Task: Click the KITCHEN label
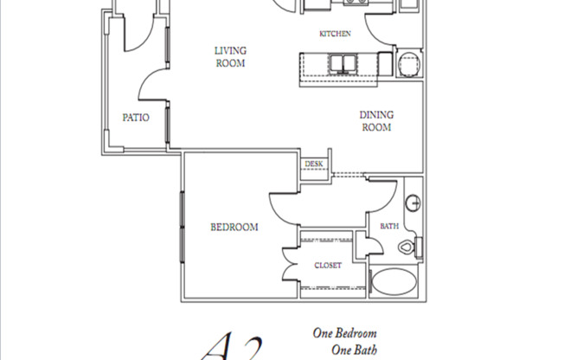point(335,34)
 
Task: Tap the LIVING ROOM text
point(231,57)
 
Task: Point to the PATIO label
point(136,118)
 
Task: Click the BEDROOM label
point(234,228)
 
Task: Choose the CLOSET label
point(327,266)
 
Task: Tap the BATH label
point(389,227)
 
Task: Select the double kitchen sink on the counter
point(343,63)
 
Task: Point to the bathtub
point(397,282)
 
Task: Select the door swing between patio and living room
point(152,86)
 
